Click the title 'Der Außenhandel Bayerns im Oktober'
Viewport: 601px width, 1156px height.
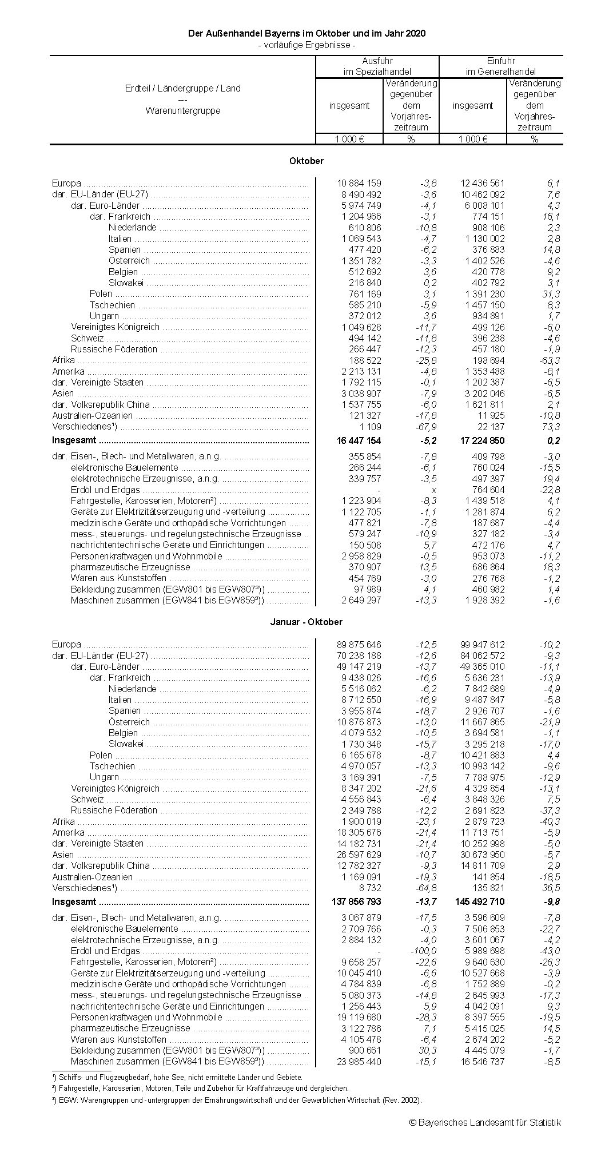(x=307, y=34)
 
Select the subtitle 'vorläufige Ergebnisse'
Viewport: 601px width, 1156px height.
(x=307, y=45)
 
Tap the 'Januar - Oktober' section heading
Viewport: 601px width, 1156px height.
(x=307, y=622)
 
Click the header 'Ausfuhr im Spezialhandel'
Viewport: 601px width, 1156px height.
(x=377, y=66)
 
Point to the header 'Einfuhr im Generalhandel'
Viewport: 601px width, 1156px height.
(x=501, y=66)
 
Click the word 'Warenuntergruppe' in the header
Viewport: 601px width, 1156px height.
(x=183, y=110)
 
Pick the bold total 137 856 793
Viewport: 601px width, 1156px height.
(x=356, y=901)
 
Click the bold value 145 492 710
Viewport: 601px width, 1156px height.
(x=479, y=901)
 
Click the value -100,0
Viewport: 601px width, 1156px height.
(x=424, y=951)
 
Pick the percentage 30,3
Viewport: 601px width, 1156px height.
(x=427, y=1050)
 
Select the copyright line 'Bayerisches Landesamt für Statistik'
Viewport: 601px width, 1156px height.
(x=485, y=1122)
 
